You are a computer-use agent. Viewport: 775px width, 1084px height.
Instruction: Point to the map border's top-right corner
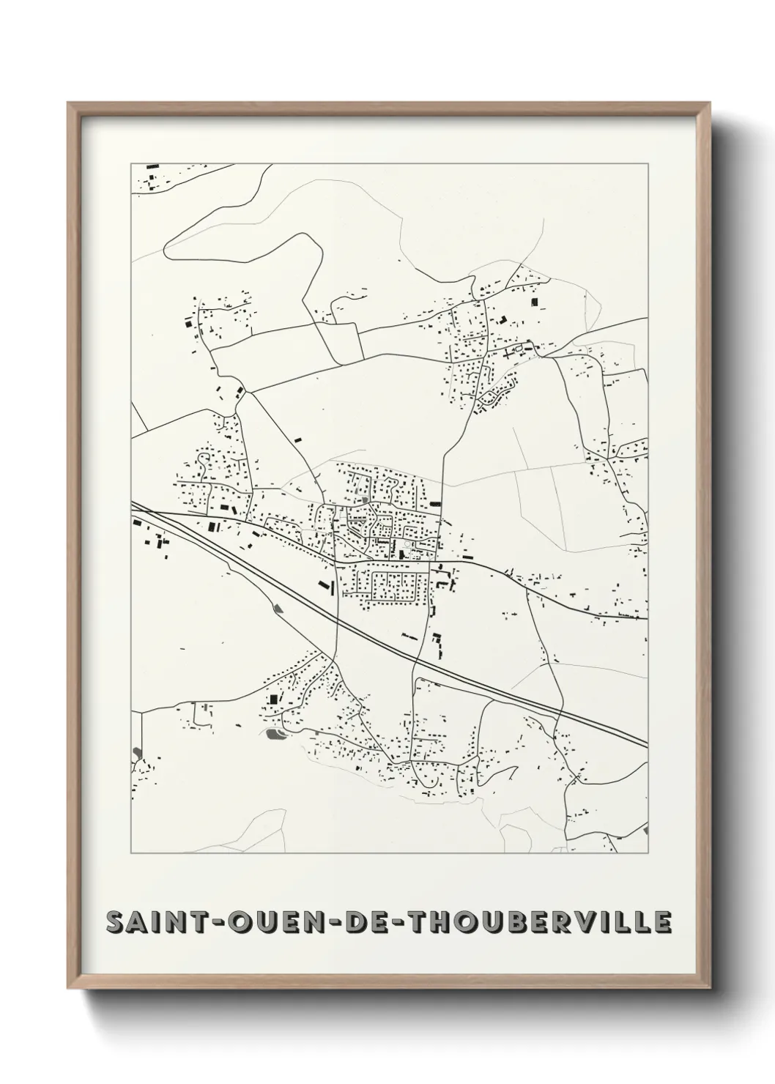click(x=648, y=163)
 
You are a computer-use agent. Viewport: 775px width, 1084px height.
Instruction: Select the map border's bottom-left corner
click(x=131, y=854)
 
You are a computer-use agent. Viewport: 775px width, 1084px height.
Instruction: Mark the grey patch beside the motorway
click(x=276, y=606)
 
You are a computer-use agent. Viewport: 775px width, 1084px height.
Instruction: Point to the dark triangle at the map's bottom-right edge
click(x=645, y=831)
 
